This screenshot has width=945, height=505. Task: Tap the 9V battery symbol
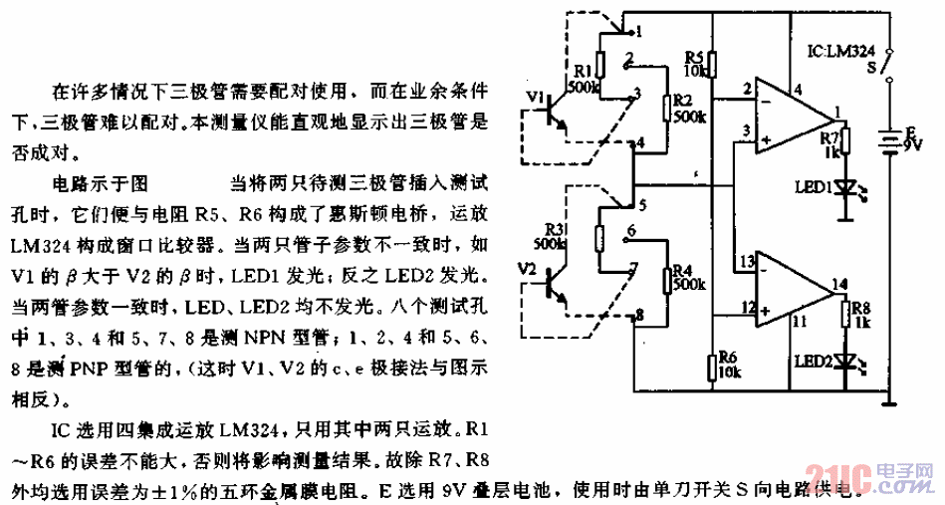pos(885,144)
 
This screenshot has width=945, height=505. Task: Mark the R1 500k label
pos(584,79)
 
